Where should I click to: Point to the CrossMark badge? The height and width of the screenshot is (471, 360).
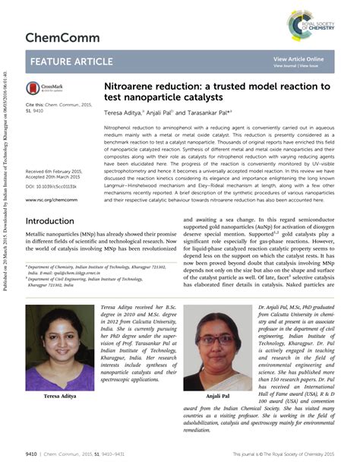[43, 88]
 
